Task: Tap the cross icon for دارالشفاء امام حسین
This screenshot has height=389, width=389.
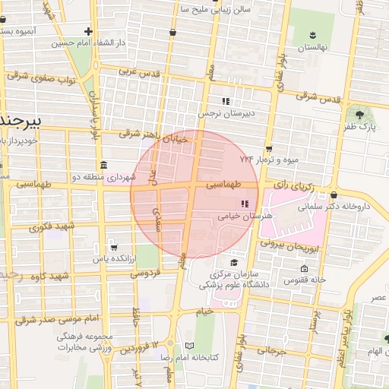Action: (89, 32)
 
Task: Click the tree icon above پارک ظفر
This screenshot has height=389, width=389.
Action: (360, 115)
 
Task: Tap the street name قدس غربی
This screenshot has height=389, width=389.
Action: (141, 73)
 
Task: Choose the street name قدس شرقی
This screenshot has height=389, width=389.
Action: (315, 96)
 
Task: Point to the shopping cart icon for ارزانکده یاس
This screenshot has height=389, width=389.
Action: (113, 246)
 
